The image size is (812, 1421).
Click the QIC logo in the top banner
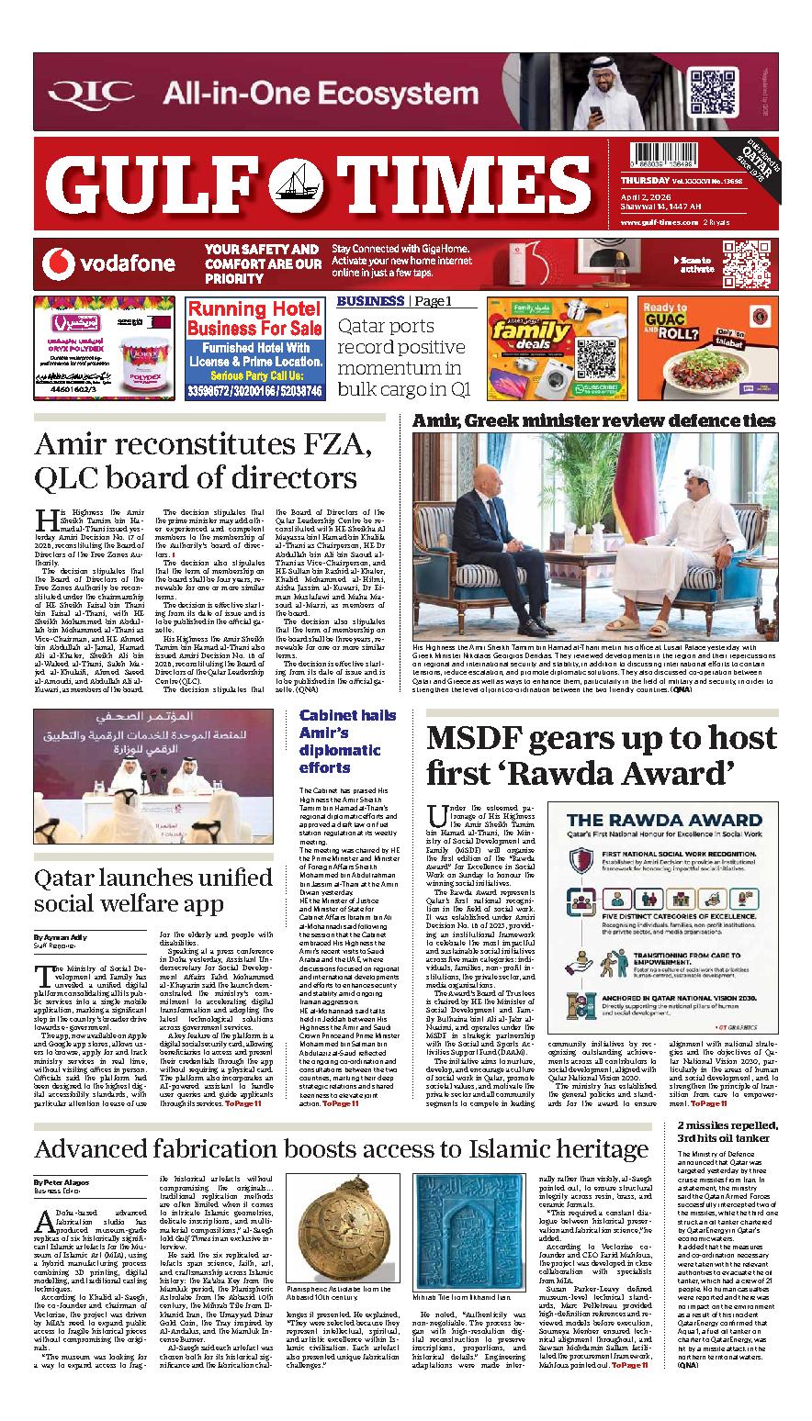click(x=93, y=93)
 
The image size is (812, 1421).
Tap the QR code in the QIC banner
click(x=713, y=92)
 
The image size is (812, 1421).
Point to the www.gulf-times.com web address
click(x=659, y=223)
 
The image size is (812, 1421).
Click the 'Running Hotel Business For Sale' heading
click(x=254, y=319)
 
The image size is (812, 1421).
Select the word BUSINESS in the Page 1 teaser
click(x=369, y=301)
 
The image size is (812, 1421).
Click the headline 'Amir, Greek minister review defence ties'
click(x=594, y=420)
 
